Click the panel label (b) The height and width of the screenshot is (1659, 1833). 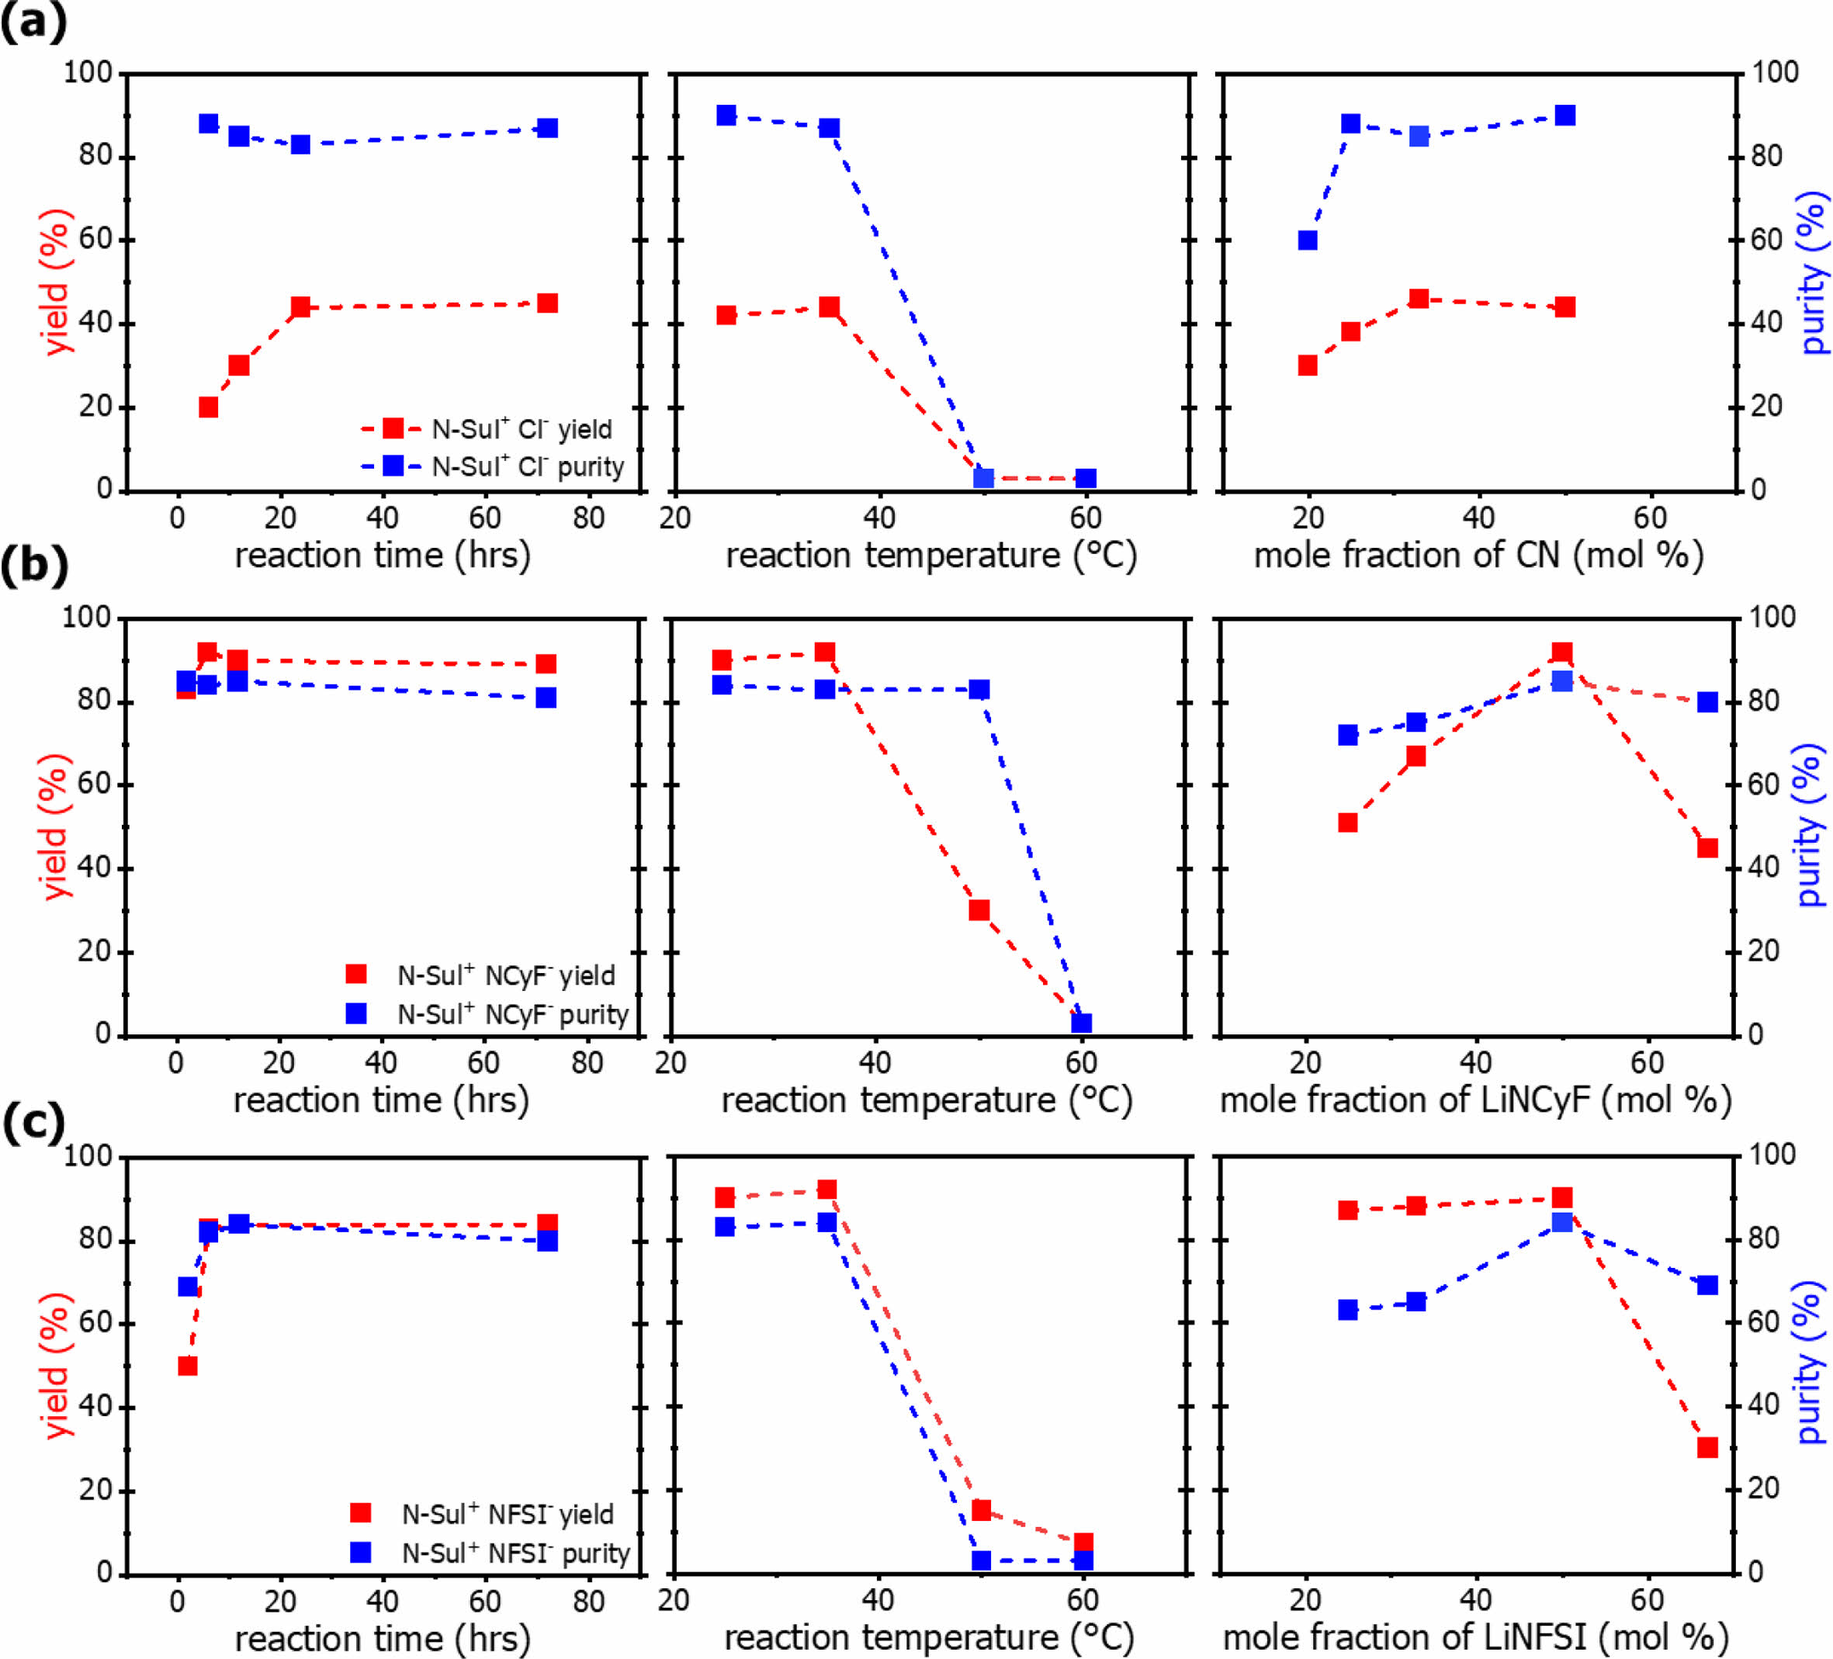[33, 566]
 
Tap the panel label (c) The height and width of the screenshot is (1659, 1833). [33, 1124]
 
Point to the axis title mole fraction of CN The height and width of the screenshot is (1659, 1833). [1478, 555]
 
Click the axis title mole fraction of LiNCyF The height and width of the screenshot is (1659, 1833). [1474, 1100]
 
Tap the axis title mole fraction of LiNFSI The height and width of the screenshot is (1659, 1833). [1474, 1638]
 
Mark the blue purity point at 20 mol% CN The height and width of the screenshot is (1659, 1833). [1308, 240]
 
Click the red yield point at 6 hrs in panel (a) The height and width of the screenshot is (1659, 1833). [208, 407]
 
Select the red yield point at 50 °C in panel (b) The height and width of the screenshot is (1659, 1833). [979, 910]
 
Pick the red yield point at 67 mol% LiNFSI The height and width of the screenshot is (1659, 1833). [1707, 1447]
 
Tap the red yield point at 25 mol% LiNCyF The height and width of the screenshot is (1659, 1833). [1347, 823]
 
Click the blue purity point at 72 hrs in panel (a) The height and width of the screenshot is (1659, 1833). [547, 128]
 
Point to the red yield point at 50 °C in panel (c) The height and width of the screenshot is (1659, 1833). [981, 1511]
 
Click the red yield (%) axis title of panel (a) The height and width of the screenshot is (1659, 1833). [54, 282]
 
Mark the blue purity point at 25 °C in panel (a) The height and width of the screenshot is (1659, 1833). [726, 116]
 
